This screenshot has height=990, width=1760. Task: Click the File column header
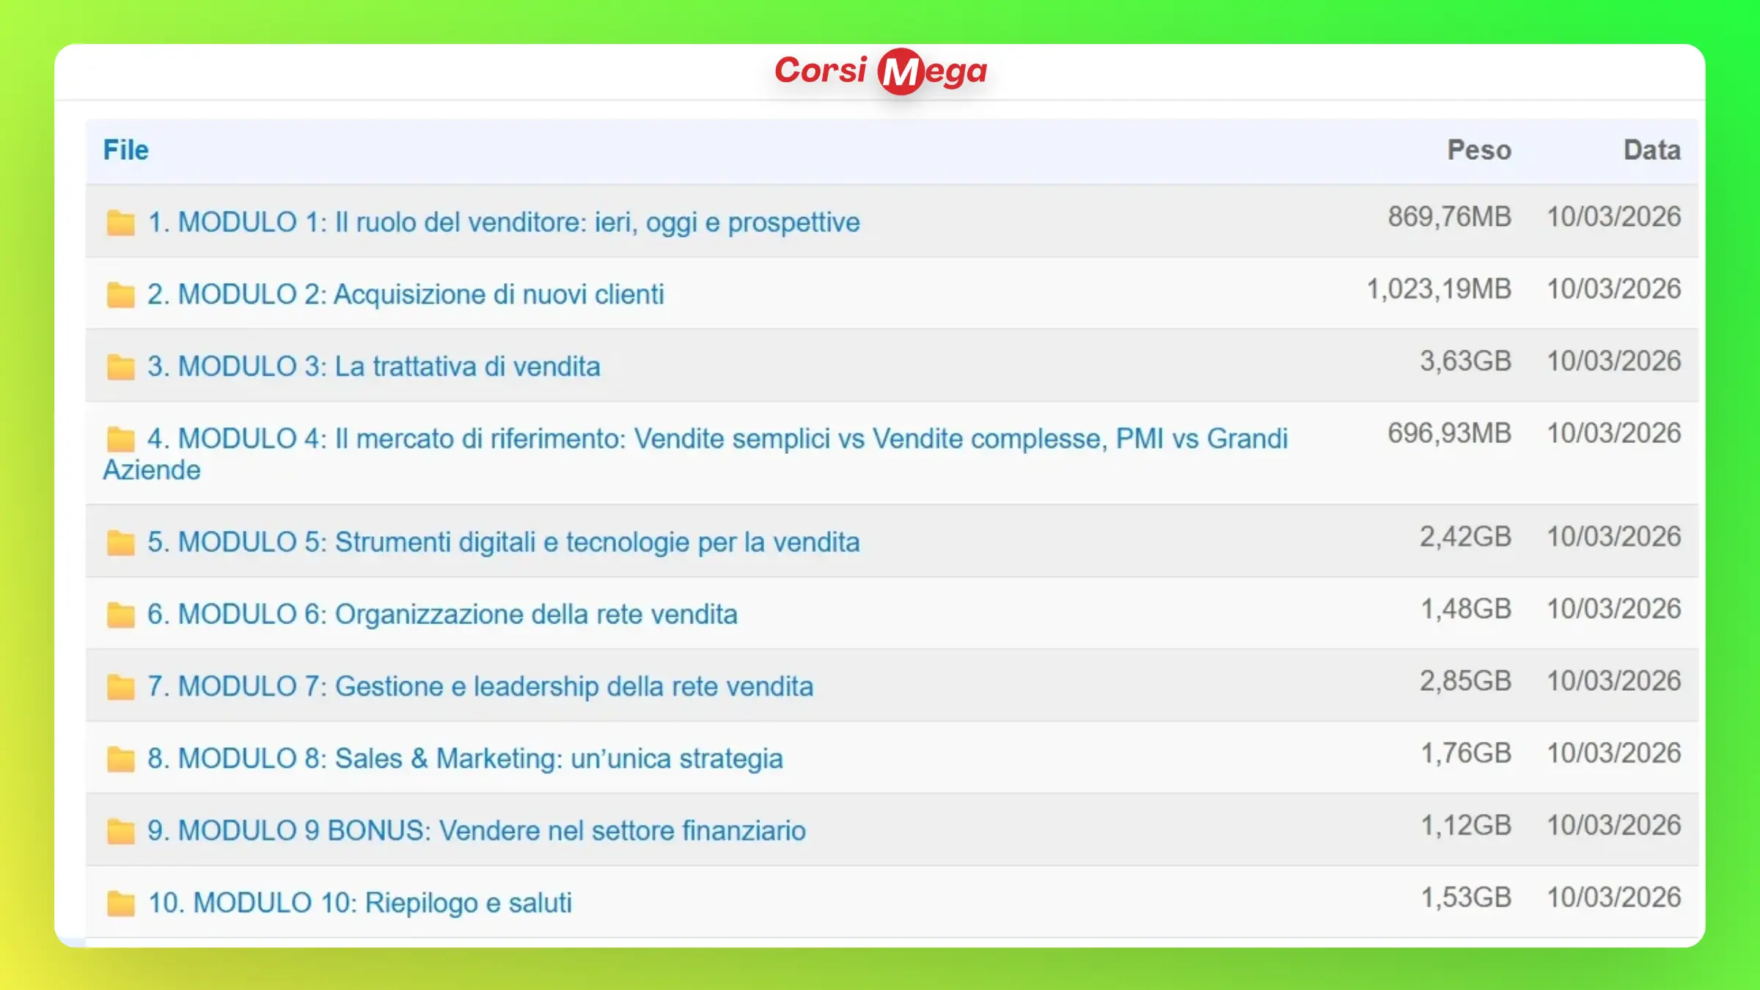(x=125, y=150)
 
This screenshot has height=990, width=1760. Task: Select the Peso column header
(x=1478, y=150)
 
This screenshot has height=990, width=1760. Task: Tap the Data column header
(x=1651, y=150)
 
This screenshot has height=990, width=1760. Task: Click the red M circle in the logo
(x=901, y=71)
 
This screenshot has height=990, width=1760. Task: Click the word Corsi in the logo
(x=821, y=70)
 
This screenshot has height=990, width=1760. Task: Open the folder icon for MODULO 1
(x=120, y=222)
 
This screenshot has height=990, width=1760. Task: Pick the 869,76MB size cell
(x=1449, y=217)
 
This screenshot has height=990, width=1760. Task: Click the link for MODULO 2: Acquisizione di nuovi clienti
(x=406, y=294)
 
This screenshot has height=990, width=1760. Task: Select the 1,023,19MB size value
(x=1439, y=289)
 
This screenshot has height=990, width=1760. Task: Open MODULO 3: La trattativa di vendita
(x=374, y=366)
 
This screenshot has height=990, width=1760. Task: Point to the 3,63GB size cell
(x=1465, y=361)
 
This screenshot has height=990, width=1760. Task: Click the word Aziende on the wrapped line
(x=152, y=470)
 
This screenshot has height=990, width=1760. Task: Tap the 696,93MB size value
(x=1449, y=433)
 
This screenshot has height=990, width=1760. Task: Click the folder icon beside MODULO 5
(x=120, y=543)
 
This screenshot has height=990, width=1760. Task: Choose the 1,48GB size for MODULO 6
(x=1466, y=609)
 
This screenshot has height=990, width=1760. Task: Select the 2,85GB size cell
(x=1465, y=681)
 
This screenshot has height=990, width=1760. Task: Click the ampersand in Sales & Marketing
(x=419, y=758)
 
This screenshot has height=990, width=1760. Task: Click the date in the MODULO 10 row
(x=1613, y=898)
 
